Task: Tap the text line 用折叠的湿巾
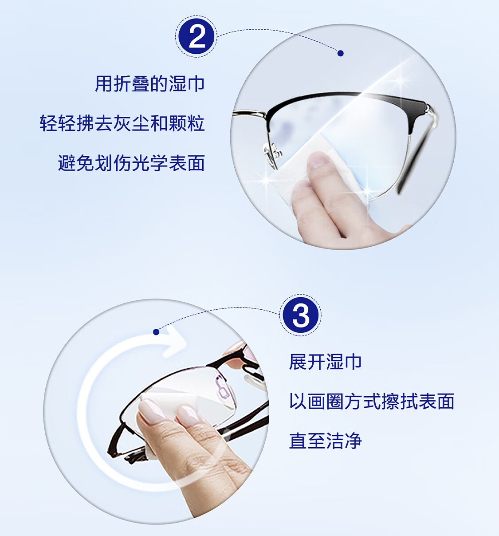pos(150,84)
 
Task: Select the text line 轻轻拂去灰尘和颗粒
pos(122,123)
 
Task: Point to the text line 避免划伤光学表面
pos(131,163)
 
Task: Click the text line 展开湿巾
pos(325,362)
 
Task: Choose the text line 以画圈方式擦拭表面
pos(372,402)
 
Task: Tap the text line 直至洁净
pos(325,441)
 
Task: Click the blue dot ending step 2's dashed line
pos(340,53)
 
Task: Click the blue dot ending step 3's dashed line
pos(156,332)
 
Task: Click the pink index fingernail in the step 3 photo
pos(152,410)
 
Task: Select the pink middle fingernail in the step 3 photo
pos(188,414)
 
